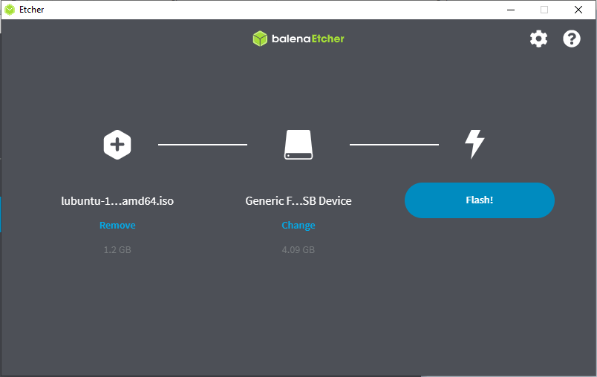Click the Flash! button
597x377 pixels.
tap(480, 200)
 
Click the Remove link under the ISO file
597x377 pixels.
tap(117, 225)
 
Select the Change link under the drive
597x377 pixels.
tap(298, 225)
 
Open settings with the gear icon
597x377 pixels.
tap(538, 39)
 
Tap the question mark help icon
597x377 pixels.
tap(572, 39)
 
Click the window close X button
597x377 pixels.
tap(578, 10)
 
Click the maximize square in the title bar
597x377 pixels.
tap(544, 10)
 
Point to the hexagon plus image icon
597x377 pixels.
tap(117, 145)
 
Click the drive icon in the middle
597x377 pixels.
tap(298, 145)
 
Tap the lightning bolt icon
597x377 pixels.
tap(474, 144)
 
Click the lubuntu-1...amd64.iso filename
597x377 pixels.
tap(117, 201)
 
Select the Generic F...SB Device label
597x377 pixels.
tap(298, 201)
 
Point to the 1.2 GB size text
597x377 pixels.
tap(117, 250)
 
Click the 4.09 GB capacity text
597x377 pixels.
tap(298, 250)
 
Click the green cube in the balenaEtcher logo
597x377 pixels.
tap(260, 39)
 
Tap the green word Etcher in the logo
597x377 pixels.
tap(327, 39)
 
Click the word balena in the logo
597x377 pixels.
tap(291, 39)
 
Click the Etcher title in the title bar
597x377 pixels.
tap(32, 10)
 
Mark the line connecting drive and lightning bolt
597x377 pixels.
tap(394, 145)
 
